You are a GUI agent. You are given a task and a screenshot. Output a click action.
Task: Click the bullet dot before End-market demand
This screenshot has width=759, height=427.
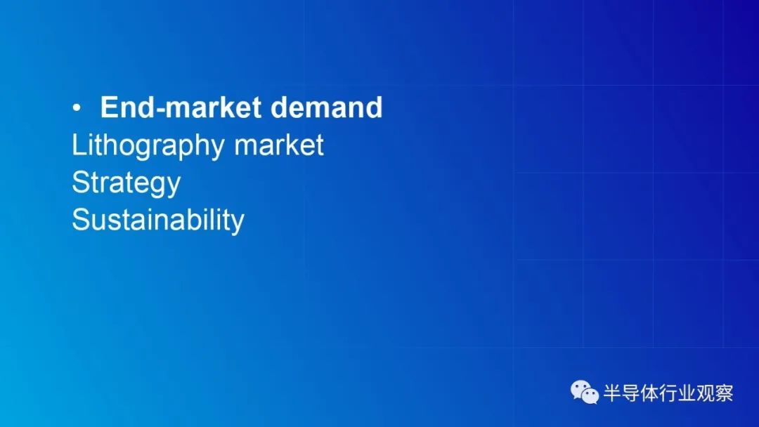coord(77,109)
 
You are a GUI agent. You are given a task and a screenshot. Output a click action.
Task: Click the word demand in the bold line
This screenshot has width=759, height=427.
coord(326,107)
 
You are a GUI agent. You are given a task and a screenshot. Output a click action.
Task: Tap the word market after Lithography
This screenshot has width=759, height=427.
coord(279,145)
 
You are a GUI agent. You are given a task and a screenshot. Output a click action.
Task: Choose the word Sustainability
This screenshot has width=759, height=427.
coord(158,221)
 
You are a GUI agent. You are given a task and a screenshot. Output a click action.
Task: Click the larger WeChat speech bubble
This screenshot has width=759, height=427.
coord(580,389)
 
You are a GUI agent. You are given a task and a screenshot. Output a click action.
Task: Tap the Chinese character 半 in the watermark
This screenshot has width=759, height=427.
coord(612,393)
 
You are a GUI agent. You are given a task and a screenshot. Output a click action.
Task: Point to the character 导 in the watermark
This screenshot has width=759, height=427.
coord(630,393)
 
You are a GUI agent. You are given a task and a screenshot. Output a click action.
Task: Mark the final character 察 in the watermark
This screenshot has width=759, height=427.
coord(724,393)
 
